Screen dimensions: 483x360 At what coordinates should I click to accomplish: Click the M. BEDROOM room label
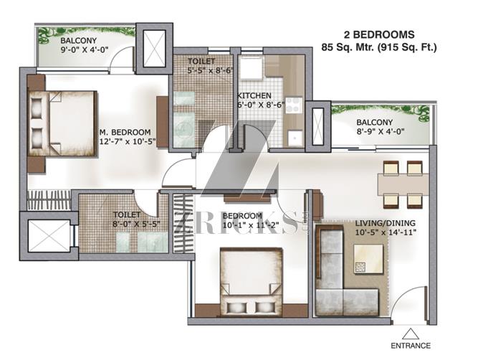pos(125,132)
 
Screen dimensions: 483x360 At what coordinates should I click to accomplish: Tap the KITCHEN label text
pos(254,96)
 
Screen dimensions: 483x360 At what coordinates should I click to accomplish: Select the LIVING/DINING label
pos(386,223)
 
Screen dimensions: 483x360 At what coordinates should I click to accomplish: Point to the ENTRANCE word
pos(411,346)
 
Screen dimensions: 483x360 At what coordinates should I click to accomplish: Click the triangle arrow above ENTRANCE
pos(411,334)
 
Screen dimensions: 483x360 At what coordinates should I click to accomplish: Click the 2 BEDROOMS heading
pos(379,34)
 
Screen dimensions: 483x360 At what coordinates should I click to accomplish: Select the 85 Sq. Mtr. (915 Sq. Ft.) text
pos(379,47)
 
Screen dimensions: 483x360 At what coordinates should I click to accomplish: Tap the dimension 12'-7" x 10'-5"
pos(128,141)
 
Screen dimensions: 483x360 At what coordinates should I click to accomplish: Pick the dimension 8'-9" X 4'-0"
pos(381,131)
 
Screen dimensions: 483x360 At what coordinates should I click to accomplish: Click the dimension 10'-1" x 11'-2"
pos(251,225)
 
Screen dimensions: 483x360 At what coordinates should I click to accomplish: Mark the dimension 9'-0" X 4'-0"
pos(85,49)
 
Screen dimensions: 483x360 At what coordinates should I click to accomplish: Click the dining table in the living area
pos(403,184)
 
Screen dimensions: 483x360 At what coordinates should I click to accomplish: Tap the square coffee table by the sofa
pos(369,259)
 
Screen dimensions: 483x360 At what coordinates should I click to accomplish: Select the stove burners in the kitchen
pos(294,105)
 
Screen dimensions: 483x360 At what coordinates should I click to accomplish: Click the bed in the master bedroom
pos(63,123)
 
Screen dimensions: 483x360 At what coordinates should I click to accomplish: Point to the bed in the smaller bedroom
pos(251,281)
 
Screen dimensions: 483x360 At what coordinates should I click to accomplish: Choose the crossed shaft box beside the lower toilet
pos(49,236)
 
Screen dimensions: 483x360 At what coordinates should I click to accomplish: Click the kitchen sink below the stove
pos(295,138)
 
